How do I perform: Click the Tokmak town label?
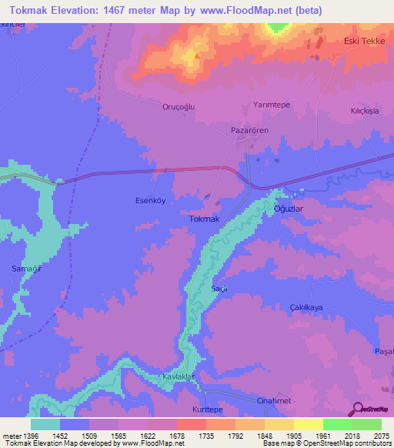coord(205,219)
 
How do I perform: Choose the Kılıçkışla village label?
coord(367,112)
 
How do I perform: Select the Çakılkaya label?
coord(305,307)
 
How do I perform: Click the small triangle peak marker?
coord(198,55)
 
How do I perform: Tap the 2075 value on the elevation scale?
coord(383,435)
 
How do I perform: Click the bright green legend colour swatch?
coord(337,423)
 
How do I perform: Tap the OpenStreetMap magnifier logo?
coord(356,409)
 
